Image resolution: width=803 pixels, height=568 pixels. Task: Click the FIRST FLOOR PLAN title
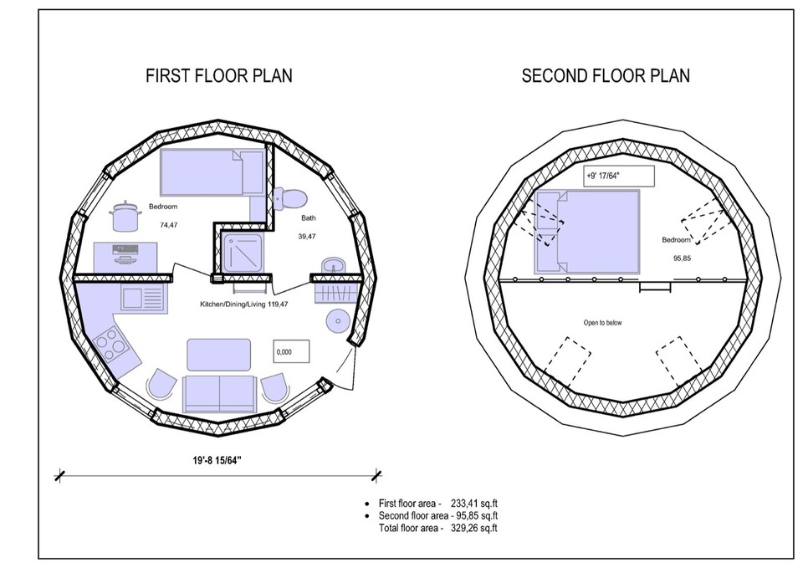pos(219,76)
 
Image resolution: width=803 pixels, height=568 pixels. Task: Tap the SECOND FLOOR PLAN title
pos(606,76)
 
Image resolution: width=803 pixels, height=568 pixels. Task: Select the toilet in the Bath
pos(289,198)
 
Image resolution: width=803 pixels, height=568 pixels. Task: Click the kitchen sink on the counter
pos(140,296)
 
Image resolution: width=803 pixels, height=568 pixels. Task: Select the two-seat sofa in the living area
pos(219,393)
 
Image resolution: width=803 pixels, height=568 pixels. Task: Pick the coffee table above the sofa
pos(218,354)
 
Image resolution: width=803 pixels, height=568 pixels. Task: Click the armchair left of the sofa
pos(161,386)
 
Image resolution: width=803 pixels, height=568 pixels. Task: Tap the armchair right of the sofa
pos(277,387)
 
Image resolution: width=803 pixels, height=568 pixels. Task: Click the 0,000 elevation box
pos(291,352)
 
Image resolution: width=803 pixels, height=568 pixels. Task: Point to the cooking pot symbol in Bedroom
pos(123,217)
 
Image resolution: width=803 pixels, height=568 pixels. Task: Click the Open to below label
pos(602,322)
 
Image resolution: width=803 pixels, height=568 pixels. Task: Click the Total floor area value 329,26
pos(463,529)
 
